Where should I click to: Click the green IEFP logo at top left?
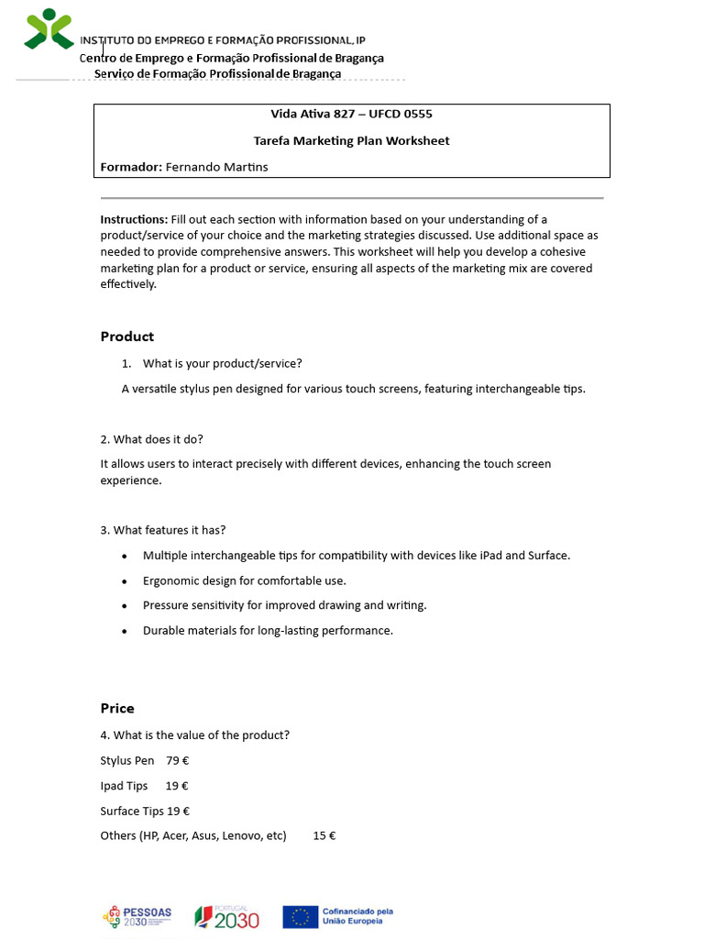(49, 28)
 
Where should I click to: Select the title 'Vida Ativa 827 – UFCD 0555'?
(351, 115)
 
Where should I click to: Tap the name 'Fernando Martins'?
(217, 167)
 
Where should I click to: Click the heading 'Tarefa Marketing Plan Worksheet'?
(351, 140)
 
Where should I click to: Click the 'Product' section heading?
(127, 337)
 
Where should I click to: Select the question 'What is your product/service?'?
(222, 363)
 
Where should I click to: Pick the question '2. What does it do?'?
(151, 439)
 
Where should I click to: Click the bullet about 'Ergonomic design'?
(244, 580)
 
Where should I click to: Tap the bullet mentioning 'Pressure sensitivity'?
(284, 605)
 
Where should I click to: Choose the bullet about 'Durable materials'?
(268, 631)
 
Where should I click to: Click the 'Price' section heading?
(117, 708)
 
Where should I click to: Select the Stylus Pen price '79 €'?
(178, 760)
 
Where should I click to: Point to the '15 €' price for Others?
(324, 835)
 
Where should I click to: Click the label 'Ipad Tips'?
(124, 786)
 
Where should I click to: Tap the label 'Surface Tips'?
(132, 811)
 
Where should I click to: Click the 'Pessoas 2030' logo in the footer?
(137, 916)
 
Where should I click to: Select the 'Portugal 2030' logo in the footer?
(227, 916)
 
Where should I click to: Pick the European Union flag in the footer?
(300, 916)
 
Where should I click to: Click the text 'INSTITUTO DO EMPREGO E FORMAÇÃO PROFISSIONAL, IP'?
(223, 40)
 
